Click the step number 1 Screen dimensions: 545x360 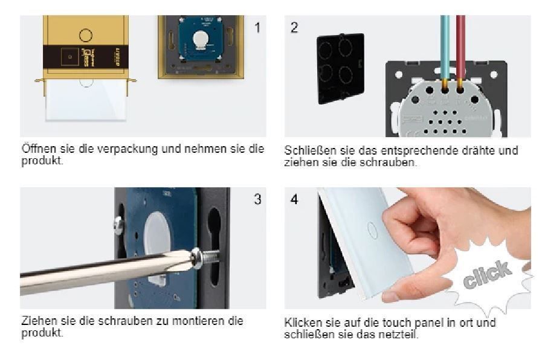[257, 27]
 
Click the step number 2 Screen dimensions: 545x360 [294, 27]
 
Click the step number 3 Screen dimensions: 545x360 [257, 199]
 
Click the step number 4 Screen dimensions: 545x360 [294, 199]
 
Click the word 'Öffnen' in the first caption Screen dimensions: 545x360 [39, 149]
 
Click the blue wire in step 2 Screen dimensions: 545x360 [445, 49]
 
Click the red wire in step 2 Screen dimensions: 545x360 [460, 49]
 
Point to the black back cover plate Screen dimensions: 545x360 [341, 68]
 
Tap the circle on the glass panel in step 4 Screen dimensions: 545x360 [372, 230]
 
